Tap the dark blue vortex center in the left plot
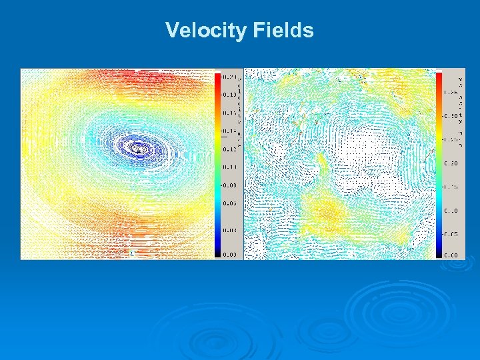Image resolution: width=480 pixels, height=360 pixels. click(138, 149)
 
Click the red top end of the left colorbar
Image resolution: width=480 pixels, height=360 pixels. click(217, 75)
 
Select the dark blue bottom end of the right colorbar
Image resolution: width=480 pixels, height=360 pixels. click(439, 252)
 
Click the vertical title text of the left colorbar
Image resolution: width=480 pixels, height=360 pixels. click(239, 100)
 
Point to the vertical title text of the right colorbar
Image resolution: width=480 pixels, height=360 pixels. click(461, 100)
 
